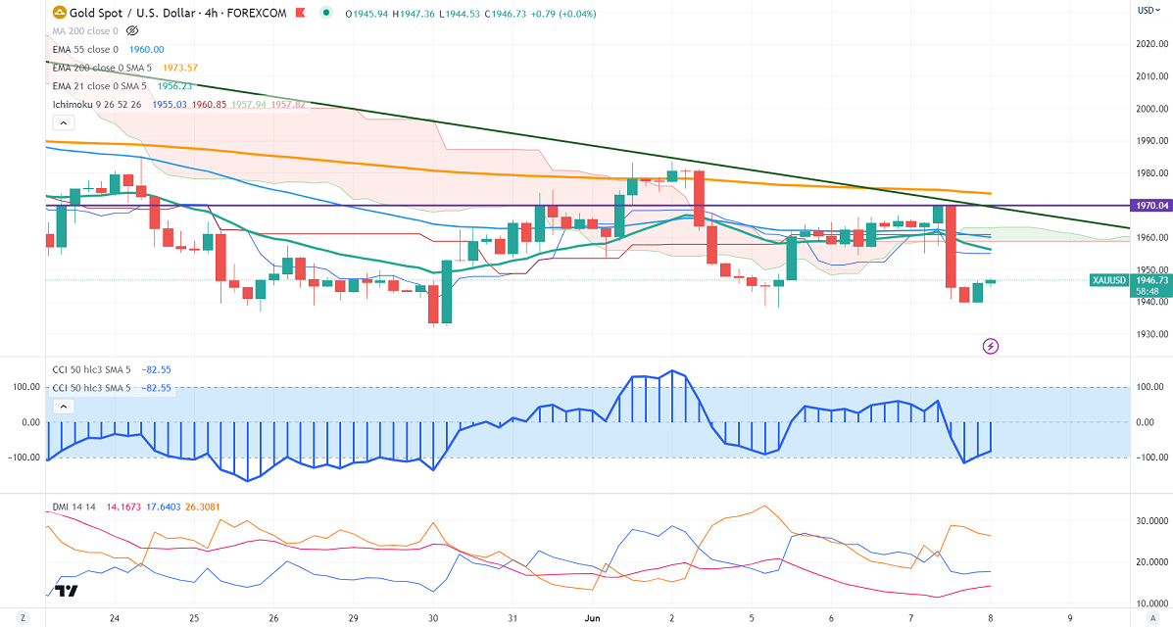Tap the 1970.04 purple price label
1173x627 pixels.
1152,206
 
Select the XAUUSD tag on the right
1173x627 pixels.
1109,280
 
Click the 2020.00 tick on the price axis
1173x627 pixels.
1152,44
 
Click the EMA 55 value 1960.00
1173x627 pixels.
147,49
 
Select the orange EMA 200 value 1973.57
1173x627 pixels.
180,67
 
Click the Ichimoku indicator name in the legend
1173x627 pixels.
74,104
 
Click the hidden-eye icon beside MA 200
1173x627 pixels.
133,31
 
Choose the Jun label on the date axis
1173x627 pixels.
591,618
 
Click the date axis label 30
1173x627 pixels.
432,618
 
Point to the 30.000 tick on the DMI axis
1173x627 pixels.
1152,520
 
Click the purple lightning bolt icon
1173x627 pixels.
991,346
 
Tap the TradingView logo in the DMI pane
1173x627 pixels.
67,590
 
